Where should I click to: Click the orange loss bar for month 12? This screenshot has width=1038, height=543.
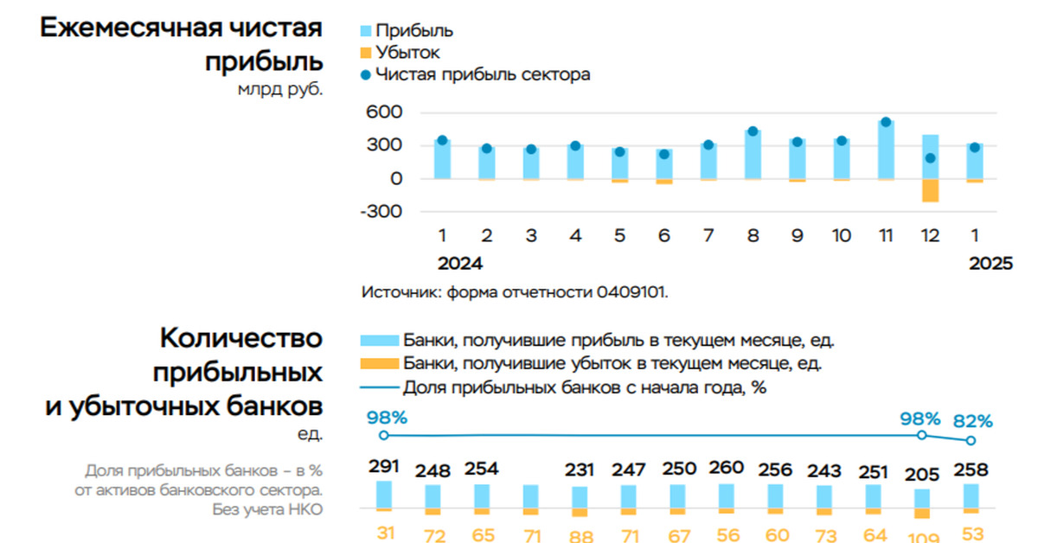(x=930, y=189)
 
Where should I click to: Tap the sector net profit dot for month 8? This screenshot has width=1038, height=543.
(x=753, y=131)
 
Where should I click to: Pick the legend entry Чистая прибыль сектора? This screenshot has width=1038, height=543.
(x=483, y=74)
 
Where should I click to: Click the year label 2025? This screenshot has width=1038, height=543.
(x=990, y=265)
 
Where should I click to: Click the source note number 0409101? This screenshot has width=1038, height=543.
(x=631, y=292)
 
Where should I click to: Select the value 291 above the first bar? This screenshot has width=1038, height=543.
(x=383, y=467)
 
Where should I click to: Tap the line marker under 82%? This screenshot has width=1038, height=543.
(x=971, y=441)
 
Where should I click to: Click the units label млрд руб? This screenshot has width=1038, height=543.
(x=279, y=88)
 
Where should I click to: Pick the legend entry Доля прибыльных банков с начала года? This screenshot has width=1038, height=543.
(x=585, y=387)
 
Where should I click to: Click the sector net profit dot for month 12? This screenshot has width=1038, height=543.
(x=930, y=158)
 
